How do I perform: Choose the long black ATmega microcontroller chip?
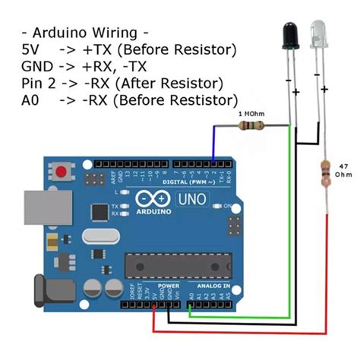[x=175, y=261]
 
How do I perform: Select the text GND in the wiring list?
[x=36, y=66]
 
